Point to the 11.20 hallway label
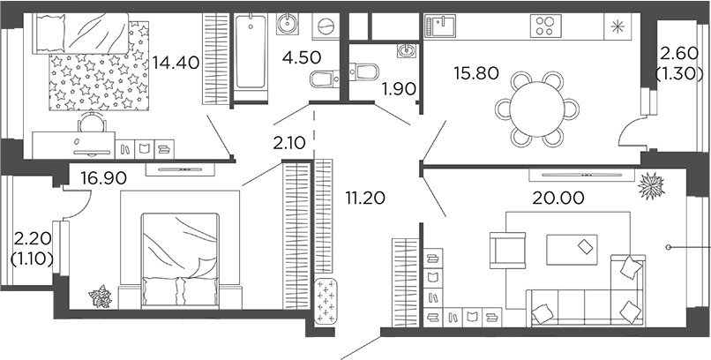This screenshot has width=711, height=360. pos(363,199)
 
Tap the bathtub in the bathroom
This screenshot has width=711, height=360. pos(251,52)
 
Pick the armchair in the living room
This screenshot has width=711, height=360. pos(508,248)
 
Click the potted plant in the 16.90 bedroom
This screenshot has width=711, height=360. pos(100,296)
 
